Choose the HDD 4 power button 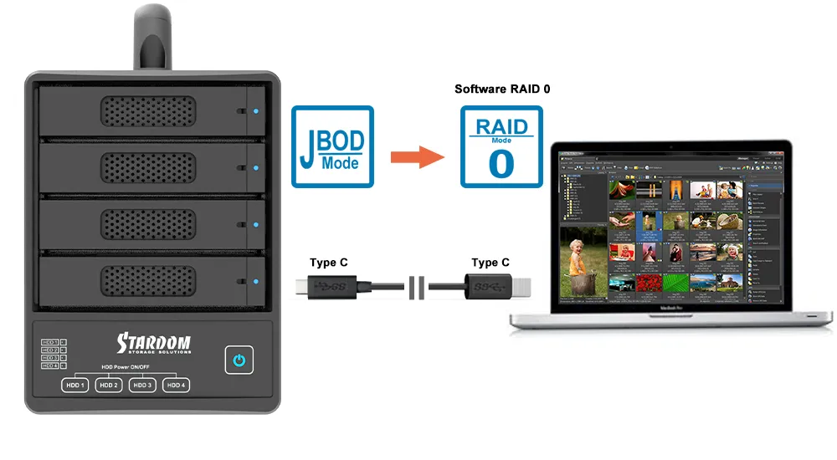174,385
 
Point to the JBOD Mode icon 331,146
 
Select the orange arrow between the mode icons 416,156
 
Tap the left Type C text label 328,263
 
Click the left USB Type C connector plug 326,289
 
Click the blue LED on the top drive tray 255,111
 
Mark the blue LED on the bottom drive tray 255,282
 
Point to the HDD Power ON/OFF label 125,367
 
